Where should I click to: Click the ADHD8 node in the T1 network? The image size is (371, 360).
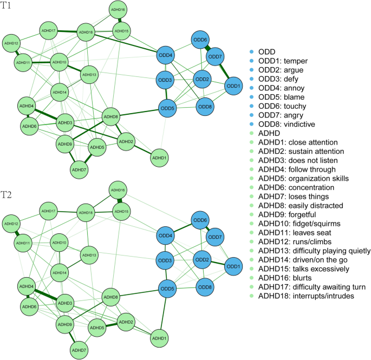110,116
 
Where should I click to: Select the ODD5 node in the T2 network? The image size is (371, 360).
168,289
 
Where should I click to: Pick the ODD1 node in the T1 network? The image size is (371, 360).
233,86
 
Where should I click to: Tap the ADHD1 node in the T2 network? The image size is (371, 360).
159,338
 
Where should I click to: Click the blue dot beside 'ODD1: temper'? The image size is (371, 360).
251,61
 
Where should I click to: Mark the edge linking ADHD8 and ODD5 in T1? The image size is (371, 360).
139,112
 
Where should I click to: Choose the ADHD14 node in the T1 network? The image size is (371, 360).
60,93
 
